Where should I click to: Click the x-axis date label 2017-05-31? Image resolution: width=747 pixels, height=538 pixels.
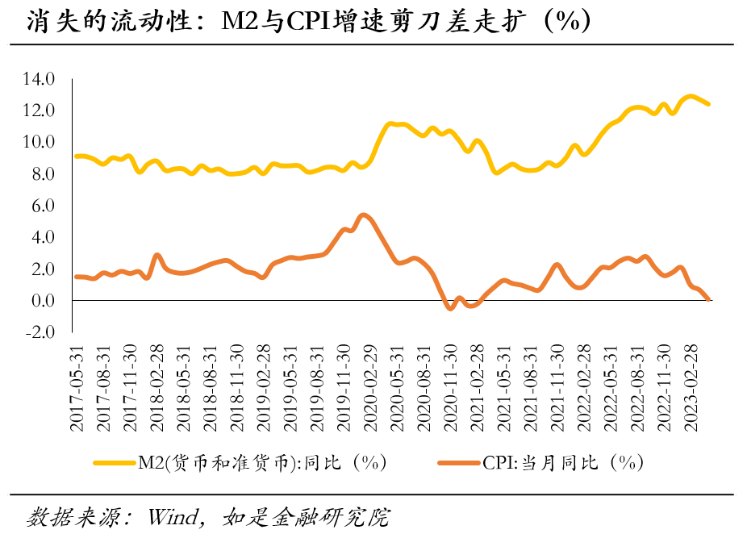(x=78, y=387)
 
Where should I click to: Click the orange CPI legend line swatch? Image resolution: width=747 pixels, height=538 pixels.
(x=459, y=462)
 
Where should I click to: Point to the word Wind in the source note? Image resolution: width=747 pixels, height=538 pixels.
(x=172, y=516)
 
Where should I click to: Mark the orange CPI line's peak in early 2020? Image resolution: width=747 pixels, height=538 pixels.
(x=364, y=215)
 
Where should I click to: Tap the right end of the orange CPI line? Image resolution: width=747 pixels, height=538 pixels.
(x=708, y=299)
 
